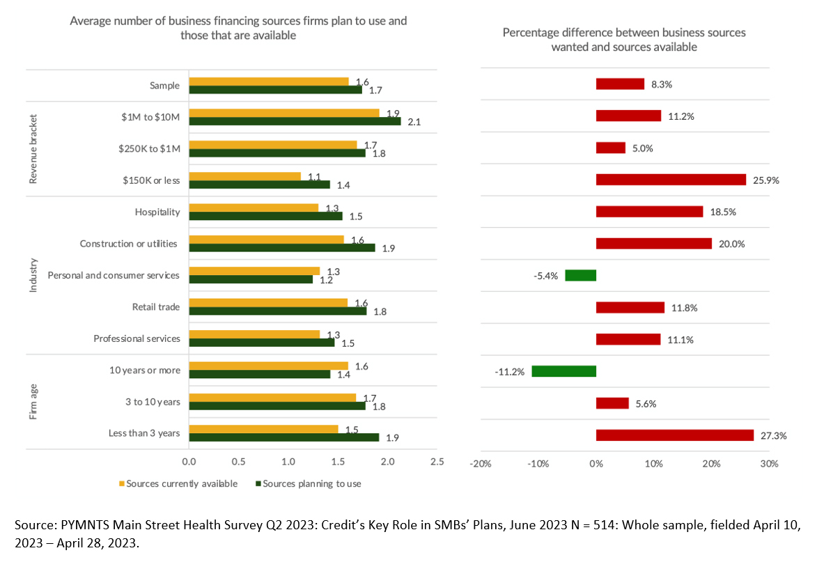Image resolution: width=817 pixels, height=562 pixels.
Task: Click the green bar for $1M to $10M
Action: click(295, 121)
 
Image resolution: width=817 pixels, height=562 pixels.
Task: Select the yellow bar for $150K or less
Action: click(244, 176)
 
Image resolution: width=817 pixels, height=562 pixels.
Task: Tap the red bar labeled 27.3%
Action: click(674, 435)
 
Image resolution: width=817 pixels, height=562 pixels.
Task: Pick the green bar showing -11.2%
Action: click(563, 371)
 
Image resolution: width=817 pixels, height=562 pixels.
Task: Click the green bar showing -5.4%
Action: click(580, 275)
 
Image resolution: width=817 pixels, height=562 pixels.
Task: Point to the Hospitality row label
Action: click(157, 212)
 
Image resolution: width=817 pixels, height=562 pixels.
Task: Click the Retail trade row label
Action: click(156, 306)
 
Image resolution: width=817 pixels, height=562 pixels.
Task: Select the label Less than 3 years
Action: click(144, 433)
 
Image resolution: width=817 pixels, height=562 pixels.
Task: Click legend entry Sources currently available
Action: click(181, 483)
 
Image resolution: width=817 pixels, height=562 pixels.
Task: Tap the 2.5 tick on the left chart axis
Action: click(437, 462)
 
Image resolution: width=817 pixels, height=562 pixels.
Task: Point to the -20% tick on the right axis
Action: click(481, 464)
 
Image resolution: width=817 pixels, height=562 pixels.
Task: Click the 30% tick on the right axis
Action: click(769, 464)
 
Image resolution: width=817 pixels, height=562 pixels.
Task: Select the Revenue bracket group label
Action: click(33, 148)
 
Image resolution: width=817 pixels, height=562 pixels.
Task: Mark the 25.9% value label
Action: click(766, 180)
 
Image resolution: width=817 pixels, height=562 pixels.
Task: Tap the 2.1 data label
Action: click(414, 122)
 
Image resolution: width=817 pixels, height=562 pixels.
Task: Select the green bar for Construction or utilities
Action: click(281, 248)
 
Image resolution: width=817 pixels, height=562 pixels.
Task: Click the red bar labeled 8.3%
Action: click(620, 84)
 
